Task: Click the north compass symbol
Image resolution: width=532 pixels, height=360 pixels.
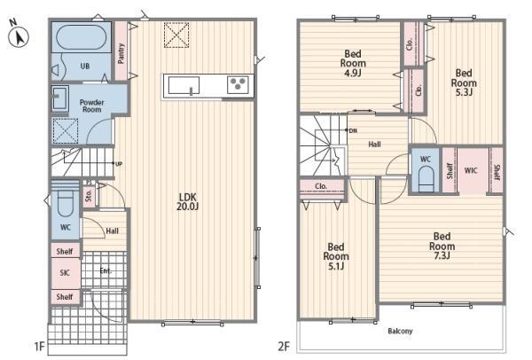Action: tap(19, 36)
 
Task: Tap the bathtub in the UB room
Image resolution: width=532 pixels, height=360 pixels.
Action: tap(81, 37)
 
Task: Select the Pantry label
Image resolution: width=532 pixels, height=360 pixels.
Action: tap(121, 53)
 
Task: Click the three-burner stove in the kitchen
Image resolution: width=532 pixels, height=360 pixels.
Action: tap(239, 84)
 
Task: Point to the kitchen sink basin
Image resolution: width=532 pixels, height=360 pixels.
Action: tap(184, 85)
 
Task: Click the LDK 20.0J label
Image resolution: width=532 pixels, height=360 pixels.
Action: tap(187, 201)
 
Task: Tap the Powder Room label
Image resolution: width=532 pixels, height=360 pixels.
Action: tap(91, 106)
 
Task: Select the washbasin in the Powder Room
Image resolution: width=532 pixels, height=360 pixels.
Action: tap(60, 98)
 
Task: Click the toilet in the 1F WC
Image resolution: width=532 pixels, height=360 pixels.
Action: tap(65, 202)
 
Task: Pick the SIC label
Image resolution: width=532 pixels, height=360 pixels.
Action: tap(65, 272)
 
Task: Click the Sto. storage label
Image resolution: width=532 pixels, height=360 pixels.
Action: tap(89, 196)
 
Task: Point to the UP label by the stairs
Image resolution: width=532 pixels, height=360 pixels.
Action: tap(119, 164)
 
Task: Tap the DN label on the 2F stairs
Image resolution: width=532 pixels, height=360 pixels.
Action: tap(353, 130)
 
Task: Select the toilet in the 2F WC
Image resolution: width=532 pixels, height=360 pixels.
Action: tap(426, 179)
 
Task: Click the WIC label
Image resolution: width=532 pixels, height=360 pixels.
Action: tap(471, 170)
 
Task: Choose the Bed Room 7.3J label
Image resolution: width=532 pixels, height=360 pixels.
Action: tap(442, 246)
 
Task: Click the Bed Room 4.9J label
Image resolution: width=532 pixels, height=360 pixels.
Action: tap(353, 63)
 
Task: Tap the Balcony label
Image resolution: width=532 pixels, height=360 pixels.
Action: tap(401, 331)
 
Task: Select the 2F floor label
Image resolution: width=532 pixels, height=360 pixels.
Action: tap(284, 347)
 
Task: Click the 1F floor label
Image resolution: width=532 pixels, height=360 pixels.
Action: tap(39, 347)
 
